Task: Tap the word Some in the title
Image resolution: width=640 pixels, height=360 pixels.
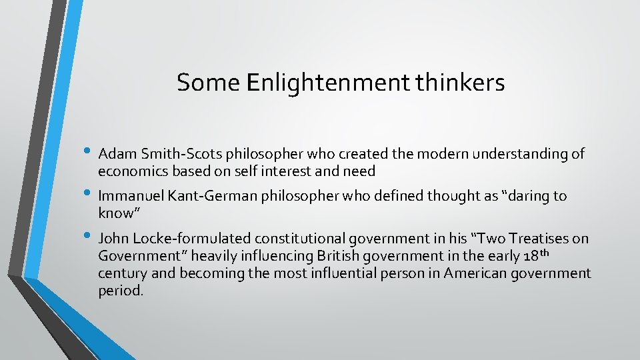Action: coord(208,83)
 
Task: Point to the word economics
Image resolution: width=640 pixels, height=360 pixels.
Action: coord(131,171)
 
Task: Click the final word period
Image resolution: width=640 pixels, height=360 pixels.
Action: coord(120,291)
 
